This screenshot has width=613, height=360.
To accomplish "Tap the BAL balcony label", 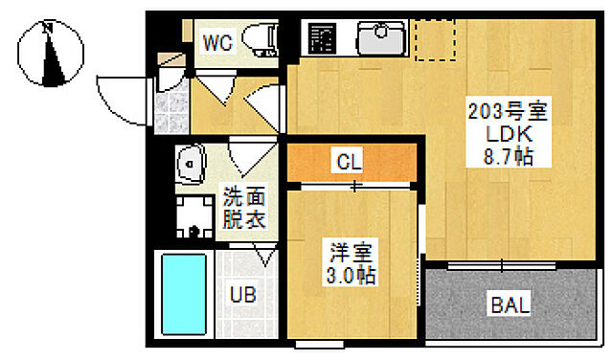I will pyautogui.click(x=510, y=306).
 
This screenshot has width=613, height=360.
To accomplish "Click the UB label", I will pyautogui.click(x=242, y=294).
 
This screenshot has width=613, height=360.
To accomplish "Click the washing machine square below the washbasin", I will pyautogui.click(x=195, y=218).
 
